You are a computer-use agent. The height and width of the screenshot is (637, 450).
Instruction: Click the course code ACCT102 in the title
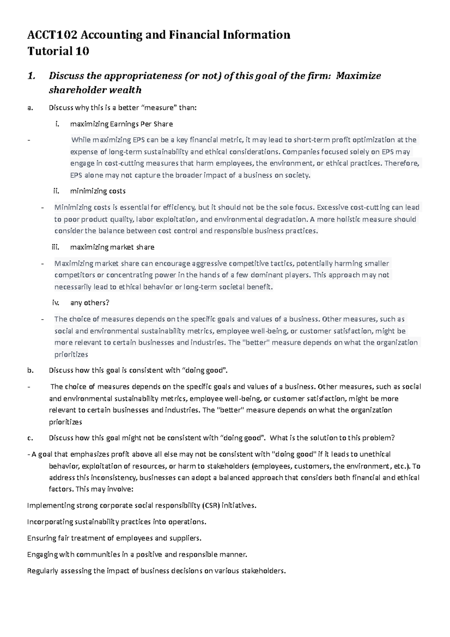(52, 35)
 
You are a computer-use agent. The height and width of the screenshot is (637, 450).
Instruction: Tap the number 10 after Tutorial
(82, 51)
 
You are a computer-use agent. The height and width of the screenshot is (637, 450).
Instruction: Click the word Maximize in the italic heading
(358, 76)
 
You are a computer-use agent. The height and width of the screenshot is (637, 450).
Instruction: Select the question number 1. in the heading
(31, 76)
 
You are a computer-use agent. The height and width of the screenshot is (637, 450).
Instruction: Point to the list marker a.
(30, 108)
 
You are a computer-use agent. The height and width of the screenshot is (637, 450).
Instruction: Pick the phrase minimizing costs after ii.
(97, 191)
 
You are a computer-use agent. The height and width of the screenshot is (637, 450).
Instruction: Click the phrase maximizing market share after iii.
(112, 247)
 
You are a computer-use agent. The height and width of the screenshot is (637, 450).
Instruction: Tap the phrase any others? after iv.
(90, 303)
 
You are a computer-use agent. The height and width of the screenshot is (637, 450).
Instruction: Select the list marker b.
(30, 371)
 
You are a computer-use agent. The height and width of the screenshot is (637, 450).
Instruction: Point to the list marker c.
(30, 438)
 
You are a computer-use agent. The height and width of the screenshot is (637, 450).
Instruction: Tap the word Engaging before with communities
(42, 554)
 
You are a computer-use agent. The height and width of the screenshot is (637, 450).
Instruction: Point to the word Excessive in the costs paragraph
(333, 207)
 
